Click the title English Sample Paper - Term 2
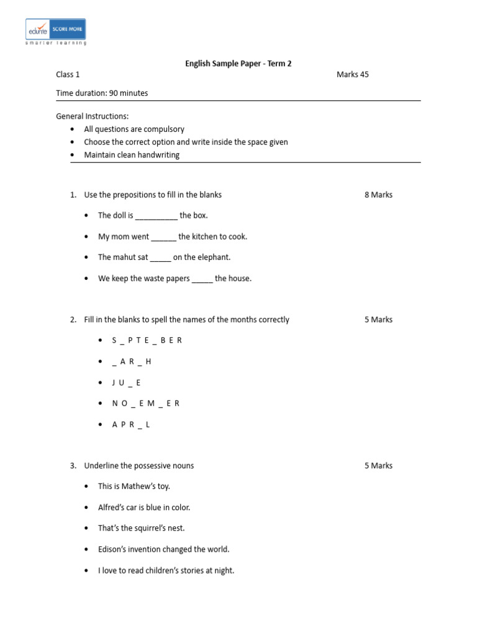pyautogui.click(x=238, y=63)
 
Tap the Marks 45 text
pyautogui.click(x=352, y=75)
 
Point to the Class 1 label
pyautogui.click(x=68, y=75)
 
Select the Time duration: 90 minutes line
pyautogui.click(x=102, y=93)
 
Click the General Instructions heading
pyautogui.click(x=93, y=116)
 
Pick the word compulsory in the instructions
pyautogui.click(x=164, y=129)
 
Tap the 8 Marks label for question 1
pyautogui.click(x=378, y=195)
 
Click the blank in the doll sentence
pyautogui.click(x=156, y=216)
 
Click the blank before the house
pyautogui.click(x=202, y=279)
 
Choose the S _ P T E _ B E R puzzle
pyautogui.click(x=147, y=340)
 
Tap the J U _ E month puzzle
pyautogui.click(x=126, y=383)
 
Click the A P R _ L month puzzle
pyautogui.click(x=131, y=424)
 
